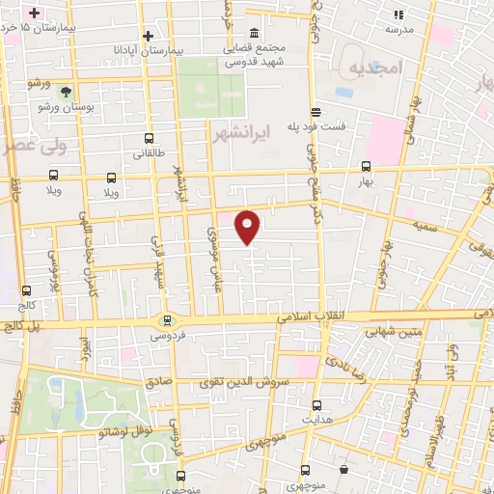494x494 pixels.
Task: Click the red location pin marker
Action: (x=248, y=226)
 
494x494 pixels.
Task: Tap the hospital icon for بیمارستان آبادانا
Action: (x=147, y=36)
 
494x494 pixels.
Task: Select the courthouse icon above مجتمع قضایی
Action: (x=255, y=32)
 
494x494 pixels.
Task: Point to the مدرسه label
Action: (x=399, y=29)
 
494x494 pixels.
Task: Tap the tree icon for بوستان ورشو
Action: (x=65, y=93)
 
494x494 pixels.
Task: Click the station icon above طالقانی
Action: (x=148, y=139)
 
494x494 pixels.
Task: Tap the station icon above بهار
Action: (x=365, y=166)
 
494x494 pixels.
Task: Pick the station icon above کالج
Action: (x=26, y=289)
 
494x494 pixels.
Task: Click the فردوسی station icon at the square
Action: (x=167, y=320)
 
